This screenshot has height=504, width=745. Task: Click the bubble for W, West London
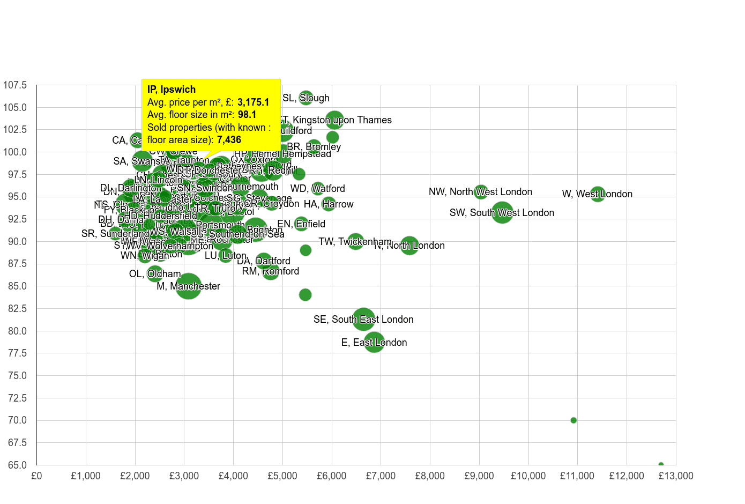(x=597, y=194)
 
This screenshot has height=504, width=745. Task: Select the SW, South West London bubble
(x=502, y=212)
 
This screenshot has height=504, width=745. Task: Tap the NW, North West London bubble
(x=481, y=191)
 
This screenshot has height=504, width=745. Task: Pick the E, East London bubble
(x=374, y=342)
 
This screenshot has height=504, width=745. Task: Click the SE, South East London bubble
(x=364, y=319)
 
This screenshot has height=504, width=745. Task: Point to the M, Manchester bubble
(x=189, y=286)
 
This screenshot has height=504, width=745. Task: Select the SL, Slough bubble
(x=306, y=98)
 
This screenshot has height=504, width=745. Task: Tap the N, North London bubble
(x=409, y=246)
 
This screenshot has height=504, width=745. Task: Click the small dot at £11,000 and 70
(x=573, y=420)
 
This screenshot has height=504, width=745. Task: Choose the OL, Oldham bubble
(x=154, y=273)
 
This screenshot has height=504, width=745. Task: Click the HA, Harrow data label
(x=329, y=204)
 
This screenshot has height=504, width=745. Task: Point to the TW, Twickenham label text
(x=355, y=242)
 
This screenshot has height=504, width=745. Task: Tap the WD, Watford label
(x=318, y=189)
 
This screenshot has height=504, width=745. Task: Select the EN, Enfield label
(x=301, y=224)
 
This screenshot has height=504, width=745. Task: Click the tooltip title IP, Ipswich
(x=172, y=90)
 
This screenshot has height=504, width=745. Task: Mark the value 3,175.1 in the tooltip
(x=253, y=102)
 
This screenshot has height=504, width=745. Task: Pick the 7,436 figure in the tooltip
(x=229, y=140)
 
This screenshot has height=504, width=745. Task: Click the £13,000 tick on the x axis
(x=676, y=476)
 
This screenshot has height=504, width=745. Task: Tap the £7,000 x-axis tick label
(x=381, y=476)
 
